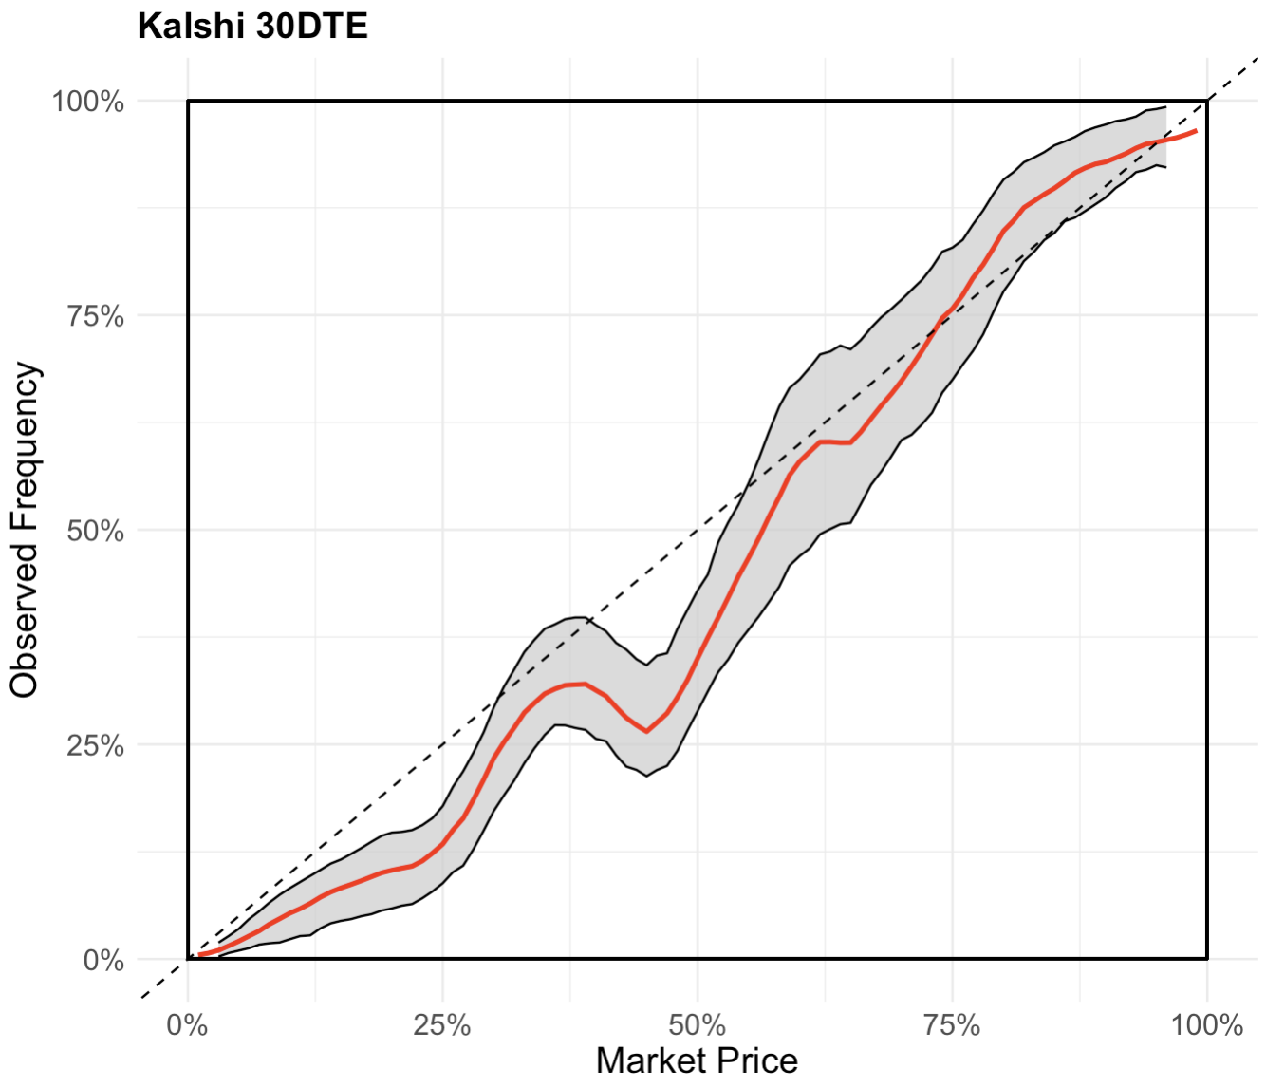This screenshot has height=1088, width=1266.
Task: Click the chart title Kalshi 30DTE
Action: (252, 27)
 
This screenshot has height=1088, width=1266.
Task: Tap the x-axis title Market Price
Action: (697, 1060)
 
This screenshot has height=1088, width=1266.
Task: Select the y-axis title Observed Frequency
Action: (25, 530)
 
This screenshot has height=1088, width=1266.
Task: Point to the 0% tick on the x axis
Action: (188, 1025)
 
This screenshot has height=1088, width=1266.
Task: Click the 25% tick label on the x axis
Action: (442, 1025)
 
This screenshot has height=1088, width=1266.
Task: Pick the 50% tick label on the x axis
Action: (698, 1025)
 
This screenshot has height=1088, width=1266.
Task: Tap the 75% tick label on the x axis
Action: (952, 1025)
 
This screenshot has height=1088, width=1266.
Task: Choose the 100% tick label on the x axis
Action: (1207, 1025)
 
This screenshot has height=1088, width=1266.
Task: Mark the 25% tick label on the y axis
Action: (96, 745)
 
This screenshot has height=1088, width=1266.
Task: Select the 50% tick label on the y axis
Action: (96, 531)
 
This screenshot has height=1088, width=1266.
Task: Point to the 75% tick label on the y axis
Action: (96, 316)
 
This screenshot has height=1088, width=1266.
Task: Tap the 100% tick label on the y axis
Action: (88, 102)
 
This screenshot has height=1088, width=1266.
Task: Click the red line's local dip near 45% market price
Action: (646, 731)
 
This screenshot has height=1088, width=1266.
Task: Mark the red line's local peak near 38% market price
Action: (581, 684)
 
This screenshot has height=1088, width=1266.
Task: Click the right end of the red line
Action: (1196, 131)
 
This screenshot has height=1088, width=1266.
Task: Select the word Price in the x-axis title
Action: (756, 1060)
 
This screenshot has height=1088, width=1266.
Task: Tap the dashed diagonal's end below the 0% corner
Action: (142, 997)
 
